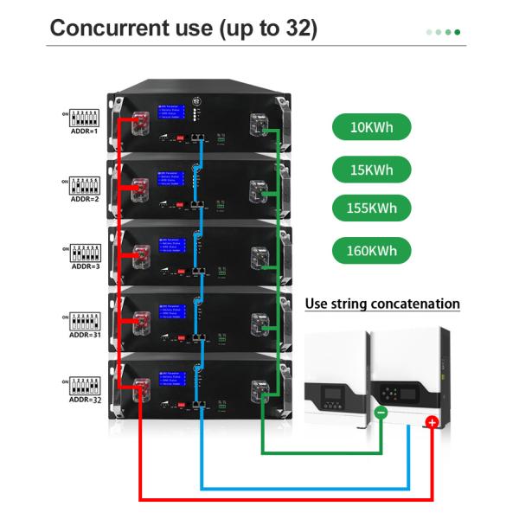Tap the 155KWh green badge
(371, 208)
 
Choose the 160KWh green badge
(371, 252)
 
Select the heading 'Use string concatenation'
(382, 304)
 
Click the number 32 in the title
(294, 28)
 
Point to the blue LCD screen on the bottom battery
(172, 382)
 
